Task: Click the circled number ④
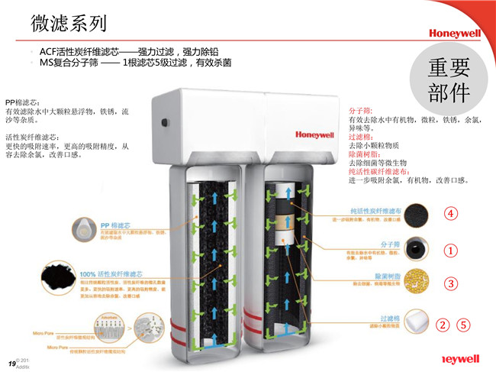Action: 451,213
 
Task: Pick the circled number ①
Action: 451,250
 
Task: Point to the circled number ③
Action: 451,283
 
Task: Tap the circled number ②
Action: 442,325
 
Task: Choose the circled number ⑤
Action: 463,325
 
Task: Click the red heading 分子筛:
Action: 362,111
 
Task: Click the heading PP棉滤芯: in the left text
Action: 23,102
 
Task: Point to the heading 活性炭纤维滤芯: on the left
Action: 33,137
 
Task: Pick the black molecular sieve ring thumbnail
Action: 417,248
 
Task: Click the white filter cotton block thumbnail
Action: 417,321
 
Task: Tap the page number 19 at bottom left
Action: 11,361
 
